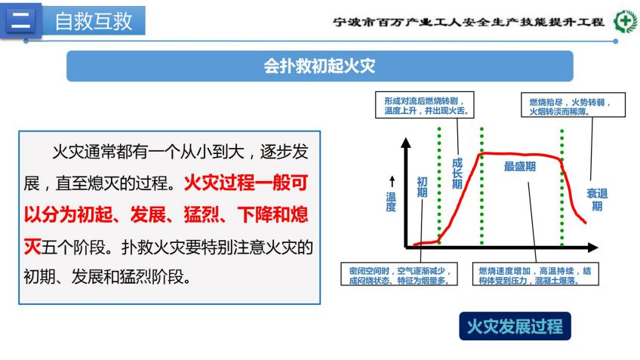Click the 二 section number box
(x=21, y=20)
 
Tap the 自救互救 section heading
(x=94, y=21)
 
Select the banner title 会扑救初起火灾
(x=319, y=66)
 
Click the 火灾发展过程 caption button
(x=515, y=326)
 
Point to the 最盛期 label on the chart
(x=519, y=167)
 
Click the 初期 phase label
(x=422, y=187)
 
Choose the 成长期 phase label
(x=457, y=174)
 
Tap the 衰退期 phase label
(x=597, y=199)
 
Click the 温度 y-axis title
(x=391, y=202)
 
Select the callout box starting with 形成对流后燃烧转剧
(x=424, y=105)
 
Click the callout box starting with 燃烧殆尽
(x=573, y=105)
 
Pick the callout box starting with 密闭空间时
(x=399, y=274)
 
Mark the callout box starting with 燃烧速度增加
(x=536, y=274)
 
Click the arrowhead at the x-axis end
(x=593, y=247)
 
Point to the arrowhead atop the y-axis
(x=406, y=143)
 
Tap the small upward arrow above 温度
(x=392, y=181)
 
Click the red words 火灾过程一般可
(x=246, y=183)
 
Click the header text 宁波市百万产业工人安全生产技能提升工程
(x=469, y=22)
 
